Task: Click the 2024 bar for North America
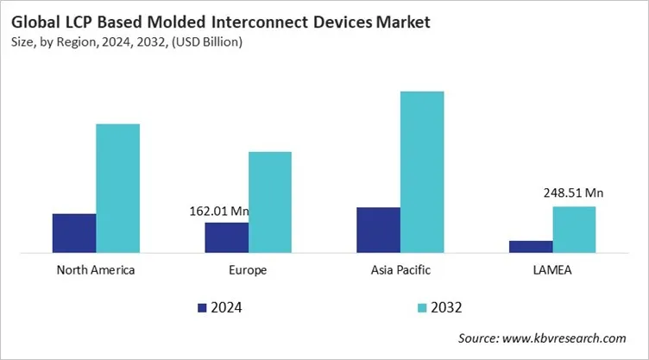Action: click(74, 233)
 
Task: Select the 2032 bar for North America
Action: click(117, 188)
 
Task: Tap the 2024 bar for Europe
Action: click(226, 237)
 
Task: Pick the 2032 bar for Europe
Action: click(270, 202)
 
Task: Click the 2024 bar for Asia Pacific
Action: click(378, 230)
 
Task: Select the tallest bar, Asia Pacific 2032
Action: click(422, 172)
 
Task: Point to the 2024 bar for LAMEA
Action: click(531, 246)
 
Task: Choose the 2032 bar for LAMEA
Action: click(574, 229)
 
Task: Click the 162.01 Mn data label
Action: click(219, 211)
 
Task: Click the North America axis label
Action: click(96, 270)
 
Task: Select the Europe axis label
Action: click(249, 270)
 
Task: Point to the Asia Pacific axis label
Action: click(400, 270)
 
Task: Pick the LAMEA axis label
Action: click(552, 270)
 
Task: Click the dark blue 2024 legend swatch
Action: click(202, 306)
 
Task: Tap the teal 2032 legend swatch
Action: click(422, 306)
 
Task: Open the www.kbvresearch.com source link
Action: click(566, 338)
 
